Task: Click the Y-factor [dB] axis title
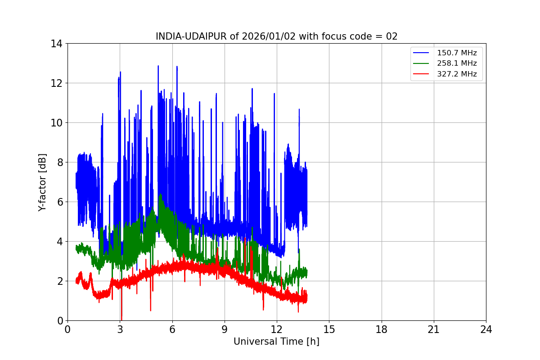[42, 182]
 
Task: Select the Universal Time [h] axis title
[276, 342]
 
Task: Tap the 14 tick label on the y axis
[57, 44]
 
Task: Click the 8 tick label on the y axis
[59, 162]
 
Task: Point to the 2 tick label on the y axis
[59, 281]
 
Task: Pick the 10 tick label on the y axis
[57, 123]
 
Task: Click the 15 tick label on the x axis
[329, 330]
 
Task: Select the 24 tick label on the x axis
[486, 330]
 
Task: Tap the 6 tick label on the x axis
[172, 330]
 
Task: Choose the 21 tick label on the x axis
[434, 330]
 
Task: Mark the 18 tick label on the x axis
[382, 330]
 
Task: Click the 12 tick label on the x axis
[277, 330]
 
